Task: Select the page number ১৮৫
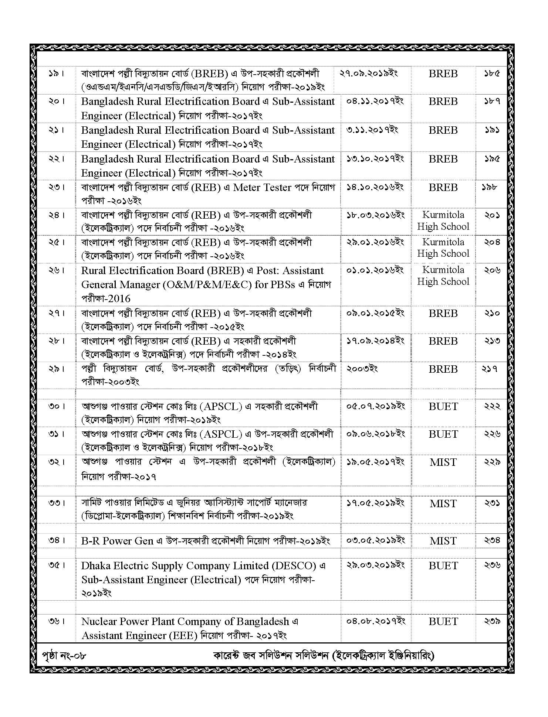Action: tap(492, 73)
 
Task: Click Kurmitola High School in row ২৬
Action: tap(443, 276)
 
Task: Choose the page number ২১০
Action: tap(492, 313)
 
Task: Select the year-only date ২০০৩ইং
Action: tap(362, 369)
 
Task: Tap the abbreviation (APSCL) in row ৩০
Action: tap(221, 407)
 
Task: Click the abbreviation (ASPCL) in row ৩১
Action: tap(221, 434)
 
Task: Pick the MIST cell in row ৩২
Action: tap(443, 462)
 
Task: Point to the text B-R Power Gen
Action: tap(117, 541)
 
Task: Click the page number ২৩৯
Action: tap(492, 622)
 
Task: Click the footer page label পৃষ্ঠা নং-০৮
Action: tap(64, 656)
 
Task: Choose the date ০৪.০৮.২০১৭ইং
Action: tap(376, 622)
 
